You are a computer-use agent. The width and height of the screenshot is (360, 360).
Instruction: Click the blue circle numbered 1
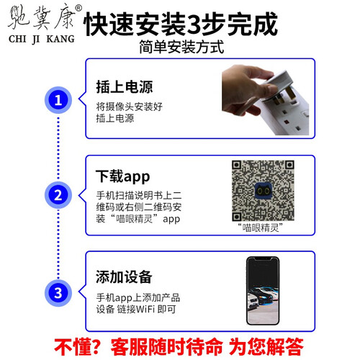[58, 100]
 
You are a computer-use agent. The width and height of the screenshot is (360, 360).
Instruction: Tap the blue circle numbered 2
[58, 195]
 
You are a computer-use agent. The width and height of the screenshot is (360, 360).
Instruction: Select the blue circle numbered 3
[58, 293]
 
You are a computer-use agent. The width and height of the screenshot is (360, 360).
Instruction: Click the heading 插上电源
[125, 86]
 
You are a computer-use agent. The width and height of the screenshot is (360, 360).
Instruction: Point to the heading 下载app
[123, 176]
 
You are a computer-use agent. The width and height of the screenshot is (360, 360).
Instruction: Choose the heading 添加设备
[124, 276]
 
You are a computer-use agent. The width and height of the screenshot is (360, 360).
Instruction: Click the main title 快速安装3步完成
[181, 24]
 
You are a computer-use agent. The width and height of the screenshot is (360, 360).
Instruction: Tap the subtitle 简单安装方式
[181, 47]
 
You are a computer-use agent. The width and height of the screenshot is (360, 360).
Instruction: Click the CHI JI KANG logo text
[42, 39]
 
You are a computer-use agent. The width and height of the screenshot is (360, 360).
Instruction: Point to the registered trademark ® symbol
[78, 8]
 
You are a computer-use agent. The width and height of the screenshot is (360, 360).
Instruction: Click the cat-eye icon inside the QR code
[263, 191]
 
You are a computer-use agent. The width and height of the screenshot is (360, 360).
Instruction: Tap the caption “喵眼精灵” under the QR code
[260, 228]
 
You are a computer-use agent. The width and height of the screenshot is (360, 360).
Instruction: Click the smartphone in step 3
[263, 291]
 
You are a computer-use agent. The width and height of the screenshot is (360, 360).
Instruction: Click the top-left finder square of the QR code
[237, 165]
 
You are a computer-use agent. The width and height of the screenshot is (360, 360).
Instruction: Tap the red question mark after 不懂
[94, 347]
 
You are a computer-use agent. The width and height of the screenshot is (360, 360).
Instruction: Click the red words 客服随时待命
[167, 347]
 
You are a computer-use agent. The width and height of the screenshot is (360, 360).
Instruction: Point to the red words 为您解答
[266, 347]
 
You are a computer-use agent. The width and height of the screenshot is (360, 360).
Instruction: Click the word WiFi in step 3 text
[145, 309]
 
